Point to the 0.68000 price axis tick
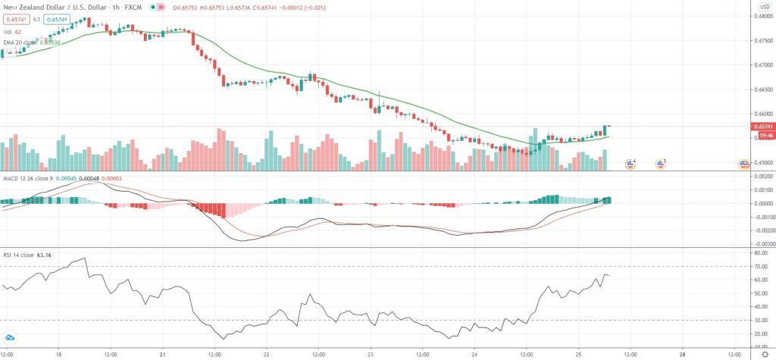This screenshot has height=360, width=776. (x=762, y=17)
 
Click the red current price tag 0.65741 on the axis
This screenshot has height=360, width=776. (x=762, y=126)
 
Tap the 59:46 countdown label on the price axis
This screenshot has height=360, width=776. (x=762, y=136)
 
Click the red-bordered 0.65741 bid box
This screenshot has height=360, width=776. (x=14, y=19)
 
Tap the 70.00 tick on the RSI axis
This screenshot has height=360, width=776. (x=760, y=266)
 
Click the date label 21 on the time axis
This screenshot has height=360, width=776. (x=163, y=353)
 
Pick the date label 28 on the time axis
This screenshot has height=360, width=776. (x=682, y=353)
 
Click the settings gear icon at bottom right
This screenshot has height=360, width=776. (x=765, y=353)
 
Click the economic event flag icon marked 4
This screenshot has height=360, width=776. (x=630, y=164)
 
